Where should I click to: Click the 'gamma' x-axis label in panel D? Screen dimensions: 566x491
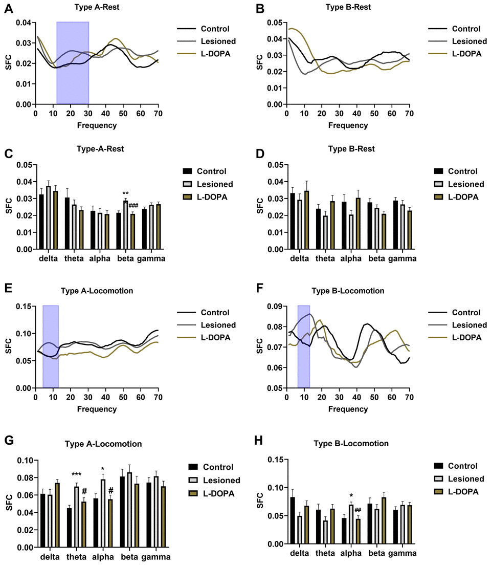click(x=403, y=258)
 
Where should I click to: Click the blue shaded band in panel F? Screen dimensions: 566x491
click(x=304, y=346)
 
